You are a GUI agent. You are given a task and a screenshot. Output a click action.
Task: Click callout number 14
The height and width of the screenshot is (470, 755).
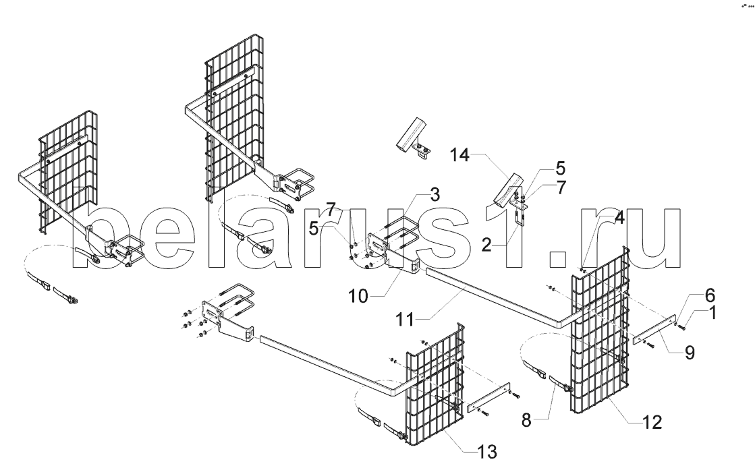(460, 155)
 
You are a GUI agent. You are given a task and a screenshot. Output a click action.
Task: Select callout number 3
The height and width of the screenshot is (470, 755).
(435, 195)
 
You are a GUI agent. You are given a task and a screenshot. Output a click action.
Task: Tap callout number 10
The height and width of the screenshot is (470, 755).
(358, 296)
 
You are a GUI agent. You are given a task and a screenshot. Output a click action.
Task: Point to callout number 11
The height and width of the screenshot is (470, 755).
(405, 319)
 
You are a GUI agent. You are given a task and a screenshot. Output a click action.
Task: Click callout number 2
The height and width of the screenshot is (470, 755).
(486, 245)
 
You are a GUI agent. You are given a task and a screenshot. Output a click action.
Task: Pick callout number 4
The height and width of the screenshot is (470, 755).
(619, 218)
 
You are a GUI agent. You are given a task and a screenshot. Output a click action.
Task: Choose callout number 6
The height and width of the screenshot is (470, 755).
(710, 295)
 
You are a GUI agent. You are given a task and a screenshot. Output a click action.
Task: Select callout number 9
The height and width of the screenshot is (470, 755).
(690, 353)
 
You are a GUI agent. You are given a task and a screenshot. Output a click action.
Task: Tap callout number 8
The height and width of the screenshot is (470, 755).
(526, 421)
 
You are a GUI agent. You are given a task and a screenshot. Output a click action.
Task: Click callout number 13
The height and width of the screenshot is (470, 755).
(486, 452)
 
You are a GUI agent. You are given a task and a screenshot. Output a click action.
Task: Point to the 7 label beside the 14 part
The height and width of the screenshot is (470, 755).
(561, 187)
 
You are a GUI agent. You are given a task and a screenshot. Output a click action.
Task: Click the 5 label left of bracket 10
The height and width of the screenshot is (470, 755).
(314, 229)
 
